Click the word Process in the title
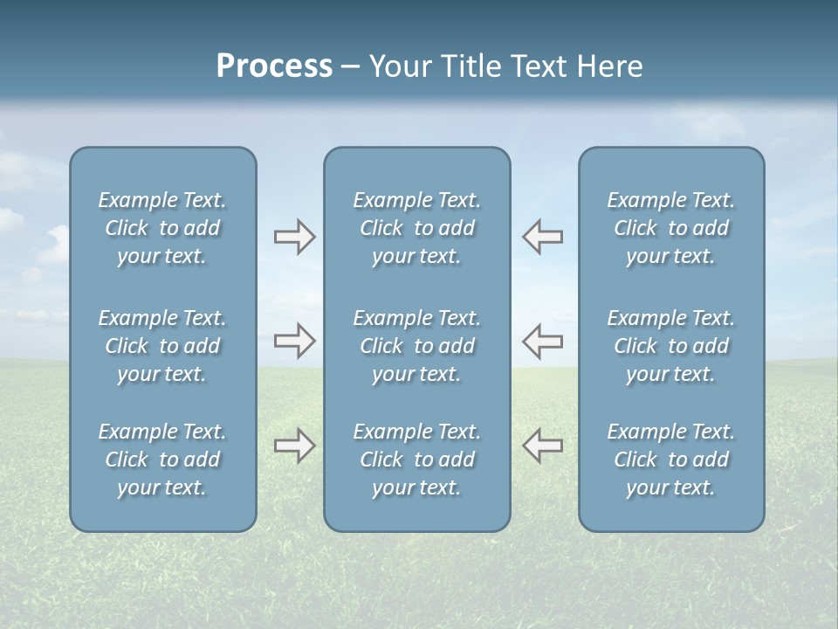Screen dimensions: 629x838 [274, 66]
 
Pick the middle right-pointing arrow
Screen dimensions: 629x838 [294, 341]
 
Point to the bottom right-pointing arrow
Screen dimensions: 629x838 [294, 446]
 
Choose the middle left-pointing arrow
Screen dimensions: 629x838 [542, 341]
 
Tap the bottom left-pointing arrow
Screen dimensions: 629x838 [542, 446]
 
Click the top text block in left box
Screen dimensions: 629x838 [162, 228]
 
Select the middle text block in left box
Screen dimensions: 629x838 [162, 346]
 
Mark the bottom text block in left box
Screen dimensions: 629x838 [162, 460]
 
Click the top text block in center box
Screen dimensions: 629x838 [416, 228]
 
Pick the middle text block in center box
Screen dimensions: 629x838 [416, 346]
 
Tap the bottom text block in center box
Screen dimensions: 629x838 [416, 460]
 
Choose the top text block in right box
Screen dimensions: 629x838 [670, 228]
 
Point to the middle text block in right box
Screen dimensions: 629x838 [670, 346]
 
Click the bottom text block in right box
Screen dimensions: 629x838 [670, 460]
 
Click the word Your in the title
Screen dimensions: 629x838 [398, 66]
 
